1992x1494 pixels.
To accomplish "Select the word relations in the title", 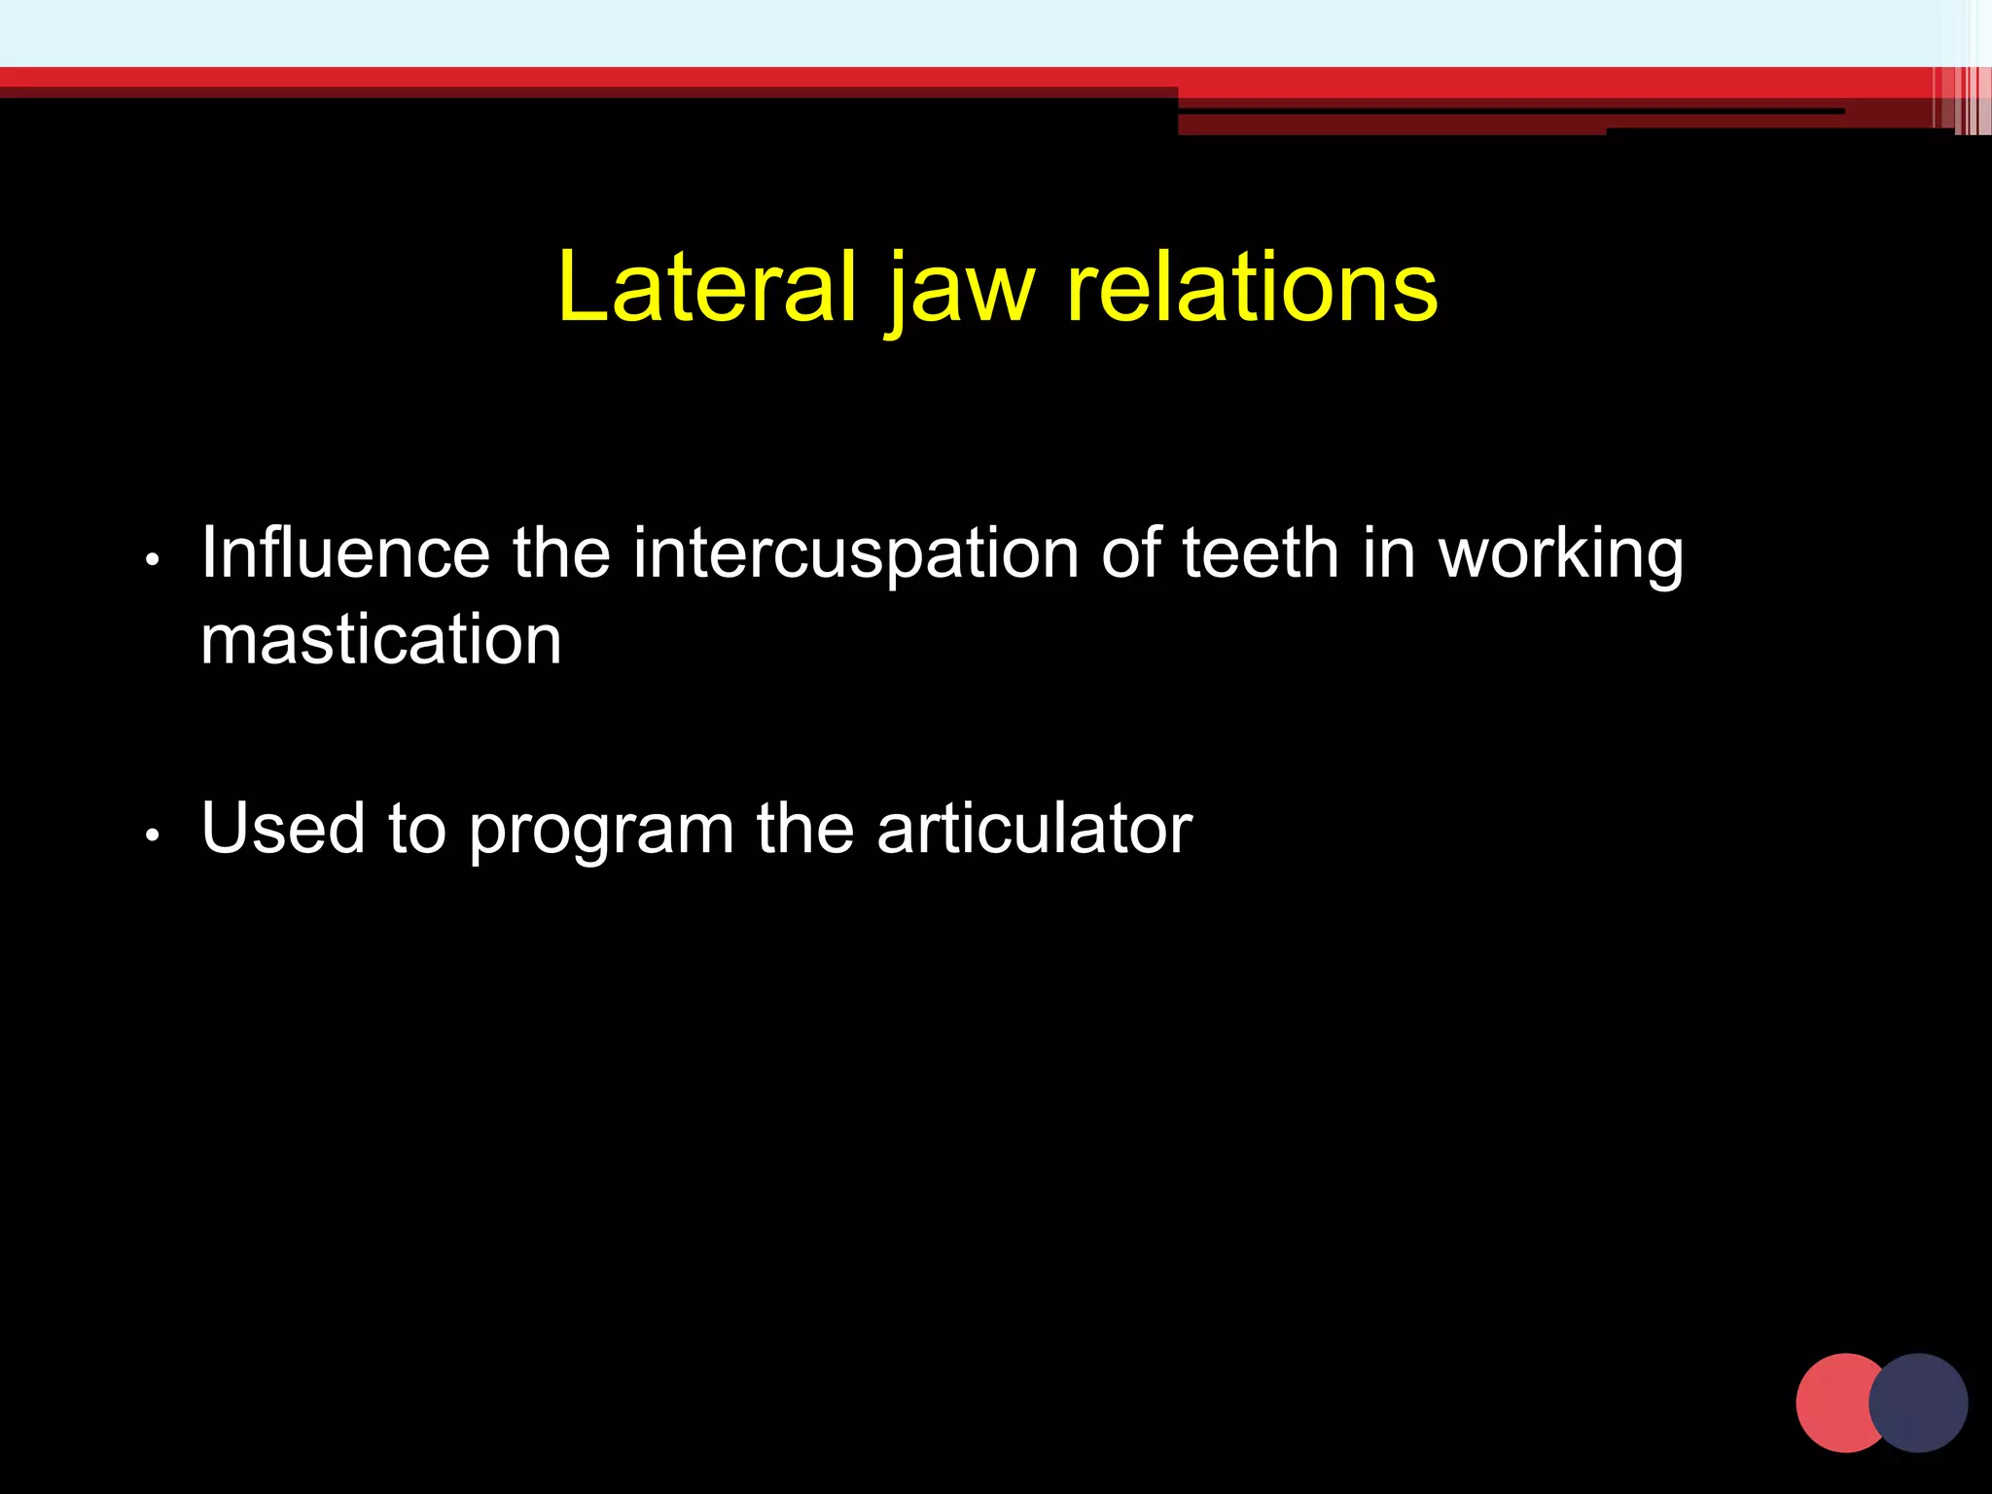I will point(1252,287).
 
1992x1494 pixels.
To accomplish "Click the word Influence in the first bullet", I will point(345,552).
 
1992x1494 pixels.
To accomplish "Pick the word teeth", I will point(1261,552).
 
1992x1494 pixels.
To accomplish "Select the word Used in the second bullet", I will point(283,828).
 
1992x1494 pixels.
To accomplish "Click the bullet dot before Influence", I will point(152,560).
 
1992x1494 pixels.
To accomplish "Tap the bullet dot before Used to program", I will point(152,836).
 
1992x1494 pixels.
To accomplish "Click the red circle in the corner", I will point(1832,1403).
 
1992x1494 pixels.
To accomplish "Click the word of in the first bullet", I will point(1130,552).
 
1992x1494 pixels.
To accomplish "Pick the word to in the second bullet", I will point(417,828).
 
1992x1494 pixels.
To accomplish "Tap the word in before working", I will point(1388,552).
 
